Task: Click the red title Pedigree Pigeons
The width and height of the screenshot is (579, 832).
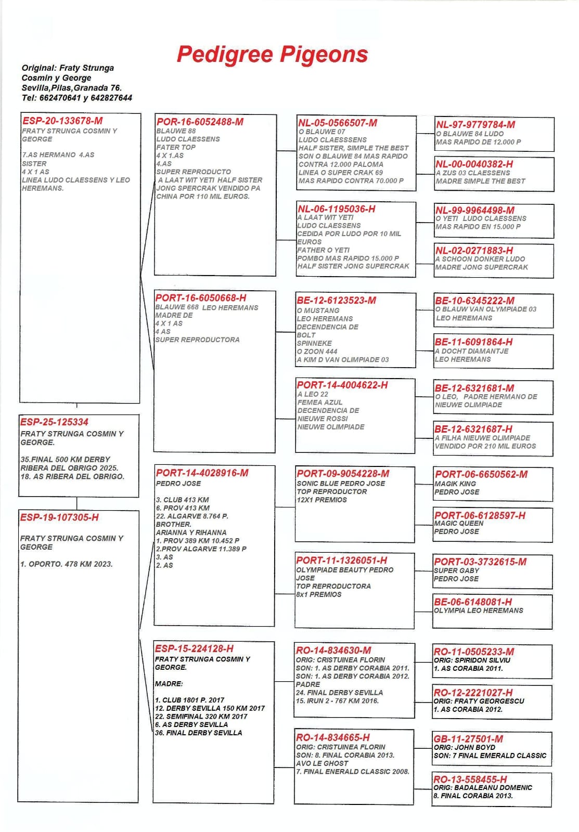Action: [272, 55]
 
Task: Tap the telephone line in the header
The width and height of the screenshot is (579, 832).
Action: [76, 98]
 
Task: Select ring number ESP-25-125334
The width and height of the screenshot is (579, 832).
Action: [54, 422]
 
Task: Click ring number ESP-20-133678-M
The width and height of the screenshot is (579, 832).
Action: [62, 121]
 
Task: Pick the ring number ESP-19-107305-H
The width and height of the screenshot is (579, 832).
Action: [59, 517]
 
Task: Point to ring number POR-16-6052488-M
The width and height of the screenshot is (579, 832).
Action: [200, 122]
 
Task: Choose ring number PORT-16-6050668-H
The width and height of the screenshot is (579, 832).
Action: [201, 298]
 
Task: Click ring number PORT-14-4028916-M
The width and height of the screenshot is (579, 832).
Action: [202, 473]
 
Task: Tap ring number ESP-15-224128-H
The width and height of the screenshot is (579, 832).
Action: [194, 648]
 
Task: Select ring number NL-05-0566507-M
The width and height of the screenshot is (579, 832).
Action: [338, 123]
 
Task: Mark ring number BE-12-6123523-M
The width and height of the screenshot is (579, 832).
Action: [336, 301]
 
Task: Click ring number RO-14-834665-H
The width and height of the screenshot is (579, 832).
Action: [333, 737]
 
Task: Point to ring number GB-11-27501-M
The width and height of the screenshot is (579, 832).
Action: [468, 739]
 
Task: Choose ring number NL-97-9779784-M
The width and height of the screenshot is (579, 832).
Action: [475, 125]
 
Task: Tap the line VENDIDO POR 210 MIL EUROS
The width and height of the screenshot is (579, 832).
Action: [485, 446]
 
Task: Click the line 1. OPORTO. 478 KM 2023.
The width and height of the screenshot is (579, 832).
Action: [67, 564]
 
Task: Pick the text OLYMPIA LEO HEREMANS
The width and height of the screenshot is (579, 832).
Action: [479, 610]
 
